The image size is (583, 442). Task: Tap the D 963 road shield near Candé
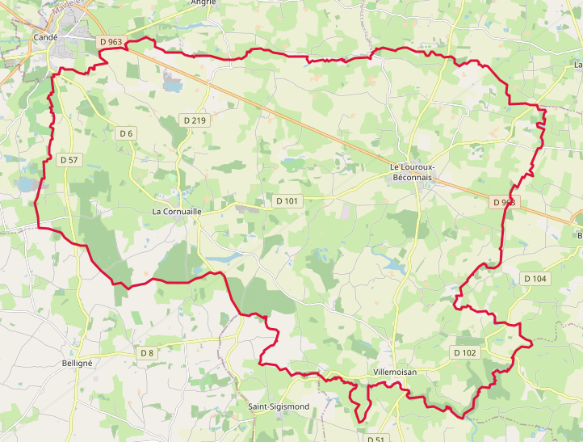[111, 41]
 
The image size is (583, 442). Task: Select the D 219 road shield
[195, 120]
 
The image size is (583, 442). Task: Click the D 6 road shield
[126, 133]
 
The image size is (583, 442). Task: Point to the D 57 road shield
[69, 160]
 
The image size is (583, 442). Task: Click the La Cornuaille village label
[176, 210]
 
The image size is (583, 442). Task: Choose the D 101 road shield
[287, 200]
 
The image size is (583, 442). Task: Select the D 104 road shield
[535, 278]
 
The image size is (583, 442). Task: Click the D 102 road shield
[464, 352]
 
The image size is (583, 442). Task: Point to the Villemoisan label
[395, 373]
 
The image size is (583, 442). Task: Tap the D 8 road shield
[146, 352]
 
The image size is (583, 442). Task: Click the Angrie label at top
[203, 2]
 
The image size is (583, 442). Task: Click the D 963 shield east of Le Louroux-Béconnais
[503, 202]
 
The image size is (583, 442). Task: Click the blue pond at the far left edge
[25, 185]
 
